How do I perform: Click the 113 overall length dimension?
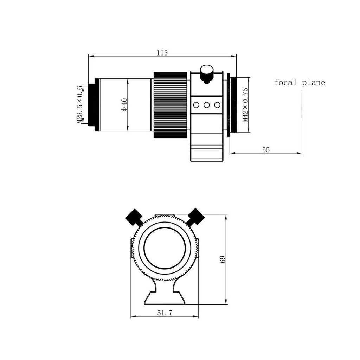162,53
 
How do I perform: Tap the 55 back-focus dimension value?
266,150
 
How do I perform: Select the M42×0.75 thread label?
245,105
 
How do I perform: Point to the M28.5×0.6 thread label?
79,105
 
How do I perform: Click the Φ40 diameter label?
124,105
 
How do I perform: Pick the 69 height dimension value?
223,259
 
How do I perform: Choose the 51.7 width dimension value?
165,313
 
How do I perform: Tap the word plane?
314,83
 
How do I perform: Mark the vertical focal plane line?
302,123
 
